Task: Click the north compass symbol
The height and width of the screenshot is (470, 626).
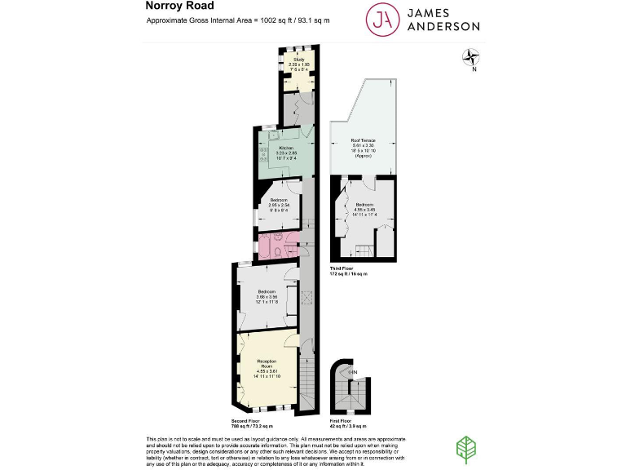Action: click(471, 57)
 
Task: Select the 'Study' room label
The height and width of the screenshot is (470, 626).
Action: click(298, 60)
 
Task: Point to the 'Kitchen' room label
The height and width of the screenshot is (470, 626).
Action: click(286, 148)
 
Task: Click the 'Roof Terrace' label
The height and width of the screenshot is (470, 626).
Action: click(363, 140)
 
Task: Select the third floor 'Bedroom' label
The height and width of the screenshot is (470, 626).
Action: click(364, 204)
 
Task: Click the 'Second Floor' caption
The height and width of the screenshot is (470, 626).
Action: click(250, 421)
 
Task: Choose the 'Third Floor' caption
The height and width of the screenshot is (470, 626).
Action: click(345, 268)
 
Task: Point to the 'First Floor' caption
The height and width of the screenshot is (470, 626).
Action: click(345, 421)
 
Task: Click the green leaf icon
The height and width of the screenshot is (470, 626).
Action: click(465, 450)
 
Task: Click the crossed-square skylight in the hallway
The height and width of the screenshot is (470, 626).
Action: click(307, 297)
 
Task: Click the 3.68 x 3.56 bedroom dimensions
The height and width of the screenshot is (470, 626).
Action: click(267, 297)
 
